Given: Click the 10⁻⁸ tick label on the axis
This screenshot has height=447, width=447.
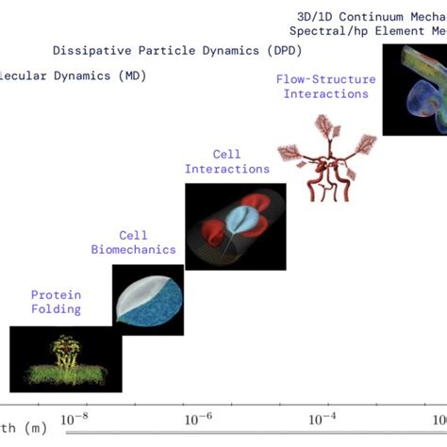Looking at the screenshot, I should (80, 416).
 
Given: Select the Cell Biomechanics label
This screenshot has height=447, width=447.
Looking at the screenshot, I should (133, 242).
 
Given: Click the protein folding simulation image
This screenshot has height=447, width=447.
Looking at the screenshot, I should (56, 358).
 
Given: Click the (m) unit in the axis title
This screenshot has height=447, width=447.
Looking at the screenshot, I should (35, 428).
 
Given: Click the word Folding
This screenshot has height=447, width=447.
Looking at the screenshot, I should (56, 308).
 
